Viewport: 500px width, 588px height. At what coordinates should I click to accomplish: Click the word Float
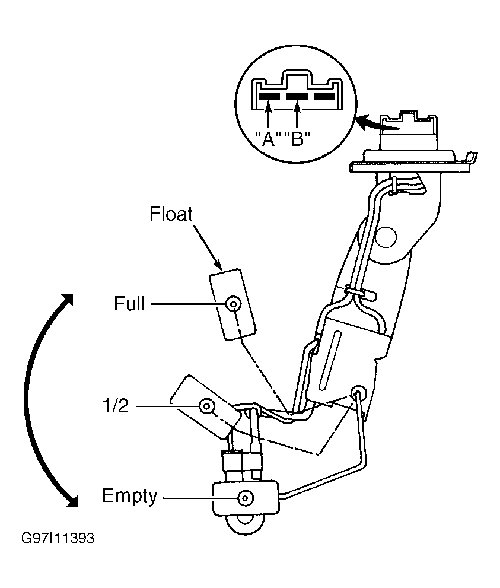click(x=171, y=214)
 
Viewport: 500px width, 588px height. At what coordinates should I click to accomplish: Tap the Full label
click(x=129, y=303)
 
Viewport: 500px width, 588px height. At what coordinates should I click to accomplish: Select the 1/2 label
click(x=116, y=406)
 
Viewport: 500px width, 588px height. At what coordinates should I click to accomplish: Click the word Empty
click(x=130, y=496)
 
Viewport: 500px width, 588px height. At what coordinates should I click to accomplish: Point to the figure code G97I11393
click(x=58, y=538)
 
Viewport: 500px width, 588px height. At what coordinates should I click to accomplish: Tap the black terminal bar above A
click(x=269, y=96)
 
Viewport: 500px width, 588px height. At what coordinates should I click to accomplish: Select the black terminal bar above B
click(x=297, y=96)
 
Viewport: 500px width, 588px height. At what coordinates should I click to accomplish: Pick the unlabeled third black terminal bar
click(x=324, y=96)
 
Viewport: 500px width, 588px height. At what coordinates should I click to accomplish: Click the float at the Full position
click(x=233, y=304)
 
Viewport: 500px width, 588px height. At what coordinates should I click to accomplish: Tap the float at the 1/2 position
click(x=205, y=406)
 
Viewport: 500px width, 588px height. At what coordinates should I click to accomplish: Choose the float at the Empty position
click(x=246, y=498)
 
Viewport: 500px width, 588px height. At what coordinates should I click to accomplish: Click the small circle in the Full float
click(x=234, y=303)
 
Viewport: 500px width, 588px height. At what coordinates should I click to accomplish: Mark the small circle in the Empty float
click(x=246, y=498)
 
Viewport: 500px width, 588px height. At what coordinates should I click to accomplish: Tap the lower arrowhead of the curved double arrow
click(x=71, y=500)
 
